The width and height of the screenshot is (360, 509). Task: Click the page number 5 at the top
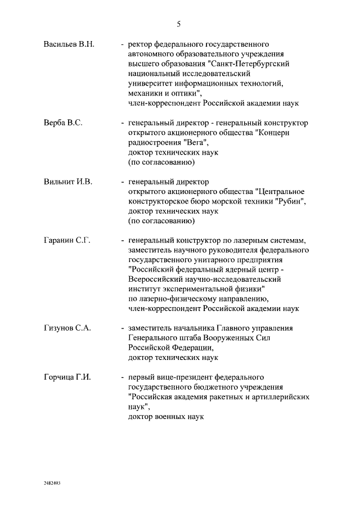pyautogui.click(x=179, y=24)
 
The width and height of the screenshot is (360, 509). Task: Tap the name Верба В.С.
pyautogui.click(x=63, y=123)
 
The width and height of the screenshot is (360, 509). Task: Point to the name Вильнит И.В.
pyautogui.click(x=67, y=182)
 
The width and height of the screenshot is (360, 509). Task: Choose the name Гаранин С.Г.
pyautogui.click(x=67, y=241)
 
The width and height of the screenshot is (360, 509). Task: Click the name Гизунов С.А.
pyautogui.click(x=67, y=328)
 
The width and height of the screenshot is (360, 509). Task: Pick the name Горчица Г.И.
pyautogui.click(x=67, y=377)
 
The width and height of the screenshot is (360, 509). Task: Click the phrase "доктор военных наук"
pyautogui.click(x=165, y=417)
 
